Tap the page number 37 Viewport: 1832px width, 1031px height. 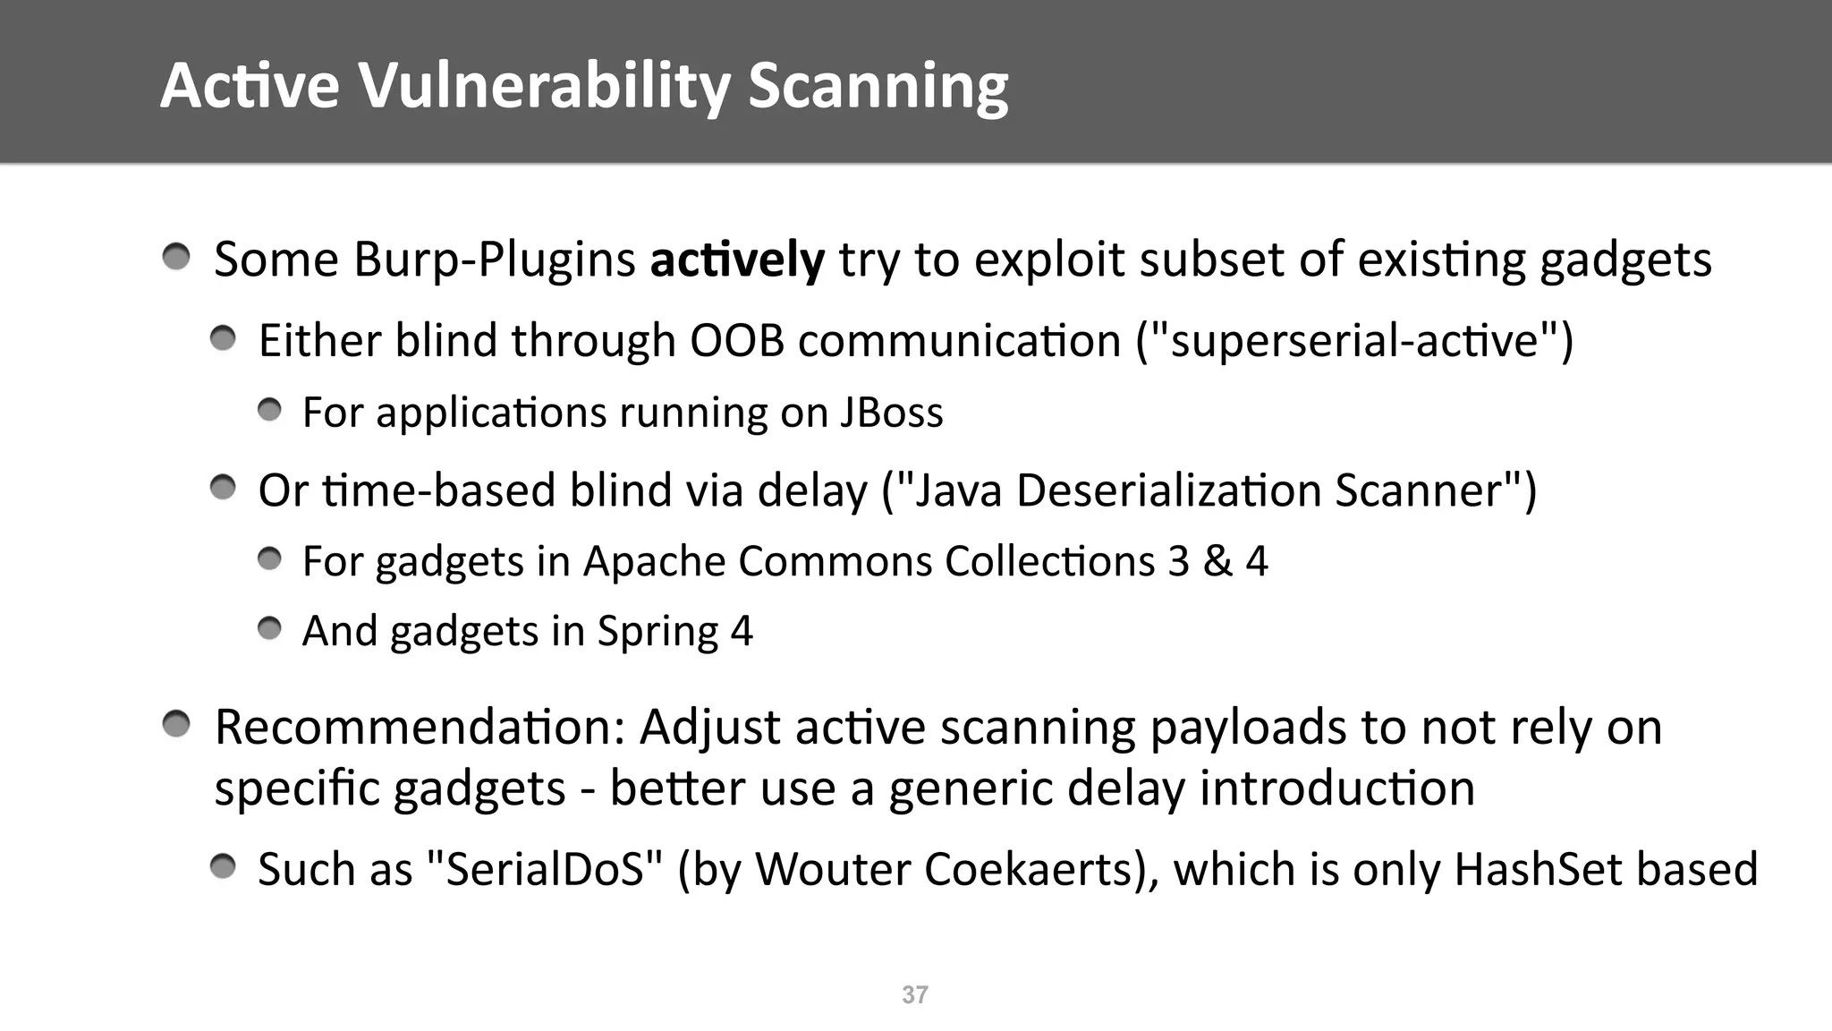[915, 995]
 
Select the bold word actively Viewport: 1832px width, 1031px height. [737, 260]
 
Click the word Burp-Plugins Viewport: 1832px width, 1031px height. [495, 260]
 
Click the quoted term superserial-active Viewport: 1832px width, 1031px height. [1354, 341]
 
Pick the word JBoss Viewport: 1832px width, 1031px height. [892, 413]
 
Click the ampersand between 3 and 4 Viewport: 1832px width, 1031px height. [1217, 561]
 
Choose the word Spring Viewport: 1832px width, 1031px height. [657, 632]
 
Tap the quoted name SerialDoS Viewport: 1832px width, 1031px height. [545, 869]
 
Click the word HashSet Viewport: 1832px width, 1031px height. [1524, 869]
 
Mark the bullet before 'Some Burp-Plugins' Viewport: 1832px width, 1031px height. [176, 258]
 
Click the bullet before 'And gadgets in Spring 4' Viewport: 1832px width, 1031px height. [269, 629]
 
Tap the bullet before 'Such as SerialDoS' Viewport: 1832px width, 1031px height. [223, 866]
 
